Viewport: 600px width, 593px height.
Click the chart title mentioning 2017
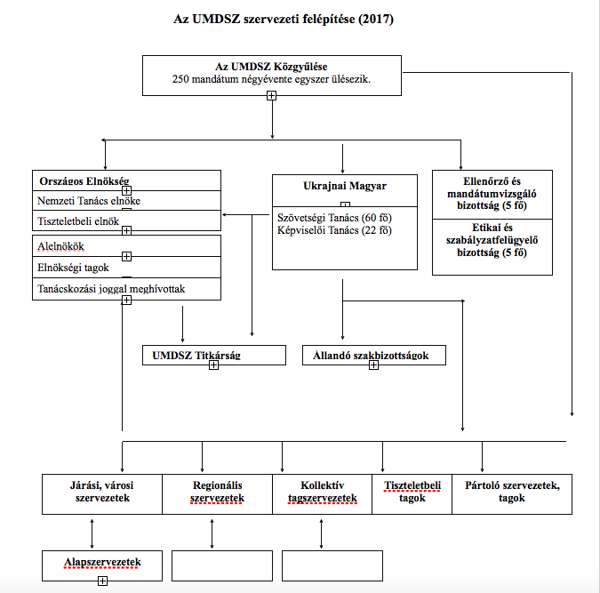click(284, 19)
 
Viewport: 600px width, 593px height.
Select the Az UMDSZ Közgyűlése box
click(272, 76)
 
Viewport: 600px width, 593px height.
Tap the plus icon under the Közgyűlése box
click(271, 96)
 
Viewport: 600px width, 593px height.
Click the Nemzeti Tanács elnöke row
click(126, 201)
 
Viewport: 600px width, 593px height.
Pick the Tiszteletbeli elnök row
click(126, 220)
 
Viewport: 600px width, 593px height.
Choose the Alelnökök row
click(126, 245)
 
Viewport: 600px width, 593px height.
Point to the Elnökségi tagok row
click(126, 268)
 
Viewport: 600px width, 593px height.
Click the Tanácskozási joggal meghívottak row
click(126, 289)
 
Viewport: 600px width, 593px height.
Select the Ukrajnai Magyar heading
click(345, 186)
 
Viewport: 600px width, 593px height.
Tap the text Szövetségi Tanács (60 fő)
click(334, 218)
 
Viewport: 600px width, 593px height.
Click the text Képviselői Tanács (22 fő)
click(334, 230)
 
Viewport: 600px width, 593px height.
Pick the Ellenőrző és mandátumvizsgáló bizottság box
click(492, 195)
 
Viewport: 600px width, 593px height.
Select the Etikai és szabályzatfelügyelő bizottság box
click(492, 247)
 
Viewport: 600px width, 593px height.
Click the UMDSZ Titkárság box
click(214, 356)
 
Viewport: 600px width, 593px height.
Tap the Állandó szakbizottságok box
click(374, 356)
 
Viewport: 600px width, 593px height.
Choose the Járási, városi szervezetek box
click(102, 494)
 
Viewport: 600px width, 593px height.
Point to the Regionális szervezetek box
click(218, 494)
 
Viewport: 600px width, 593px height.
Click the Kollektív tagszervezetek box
click(322, 494)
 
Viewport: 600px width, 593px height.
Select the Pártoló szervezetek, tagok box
click(512, 494)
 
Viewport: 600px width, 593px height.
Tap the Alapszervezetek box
click(102, 565)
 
